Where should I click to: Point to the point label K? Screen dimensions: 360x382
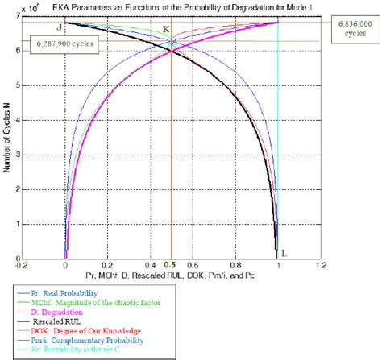click(166, 29)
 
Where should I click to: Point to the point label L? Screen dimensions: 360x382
click(284, 252)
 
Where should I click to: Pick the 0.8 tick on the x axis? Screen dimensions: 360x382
click(235, 264)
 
